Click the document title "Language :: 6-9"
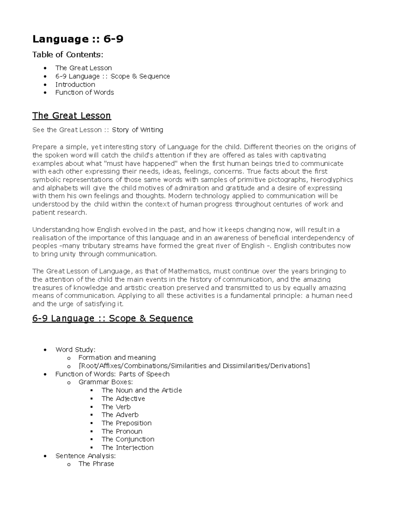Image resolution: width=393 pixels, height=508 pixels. point(78,39)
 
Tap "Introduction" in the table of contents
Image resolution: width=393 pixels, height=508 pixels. point(75,84)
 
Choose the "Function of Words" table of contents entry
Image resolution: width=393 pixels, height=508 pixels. point(84,93)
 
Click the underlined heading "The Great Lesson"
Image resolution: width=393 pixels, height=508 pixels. point(71,116)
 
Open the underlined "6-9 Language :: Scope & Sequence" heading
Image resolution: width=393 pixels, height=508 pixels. point(112,318)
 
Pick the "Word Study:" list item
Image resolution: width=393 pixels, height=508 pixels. point(75,350)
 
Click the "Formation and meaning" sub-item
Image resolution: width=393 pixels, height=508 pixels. point(117,358)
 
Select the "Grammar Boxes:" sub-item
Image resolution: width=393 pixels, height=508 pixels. point(105,382)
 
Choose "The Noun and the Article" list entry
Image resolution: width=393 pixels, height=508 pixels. point(141,390)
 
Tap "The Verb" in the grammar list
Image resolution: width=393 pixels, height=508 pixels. point(116,407)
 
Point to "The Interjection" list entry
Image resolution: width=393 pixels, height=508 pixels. point(127,447)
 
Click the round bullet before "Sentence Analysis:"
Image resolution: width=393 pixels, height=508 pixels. point(45,456)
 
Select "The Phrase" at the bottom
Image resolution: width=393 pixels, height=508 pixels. point(96,464)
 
